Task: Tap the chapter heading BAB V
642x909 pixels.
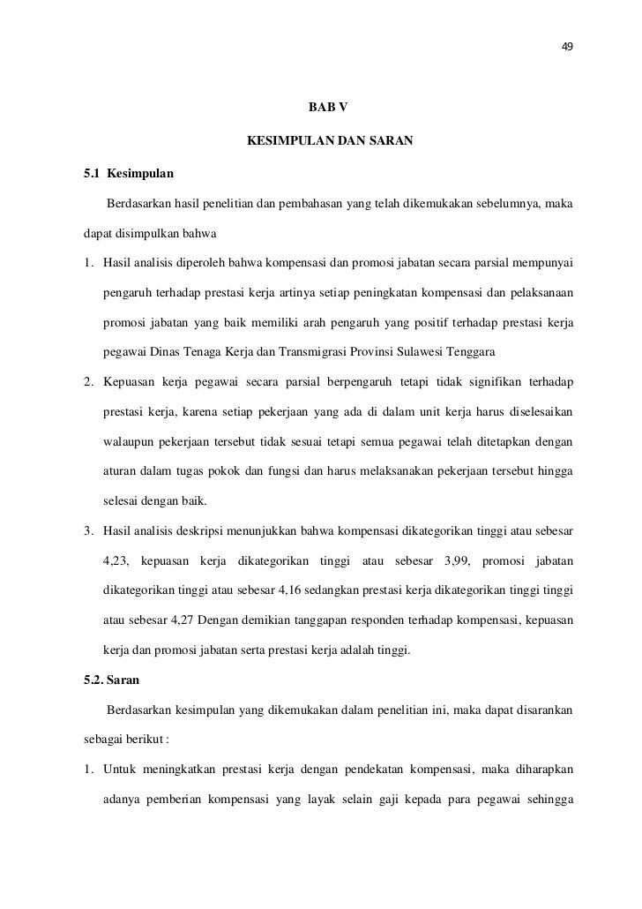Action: [x=327, y=108]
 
